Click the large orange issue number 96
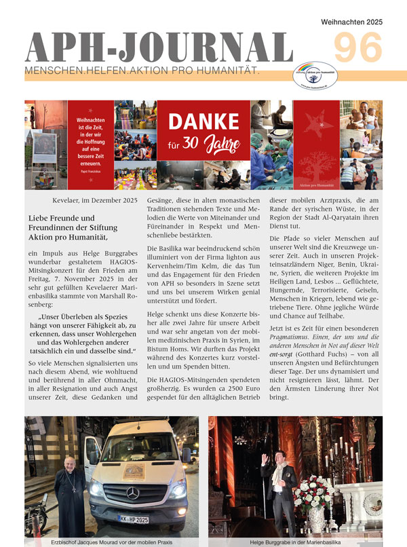click(357, 50)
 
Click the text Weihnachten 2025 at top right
click(351, 22)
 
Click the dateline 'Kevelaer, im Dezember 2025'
click(94, 200)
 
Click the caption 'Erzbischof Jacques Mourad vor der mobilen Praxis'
click(111, 541)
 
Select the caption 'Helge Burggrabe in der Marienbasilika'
click(295, 541)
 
